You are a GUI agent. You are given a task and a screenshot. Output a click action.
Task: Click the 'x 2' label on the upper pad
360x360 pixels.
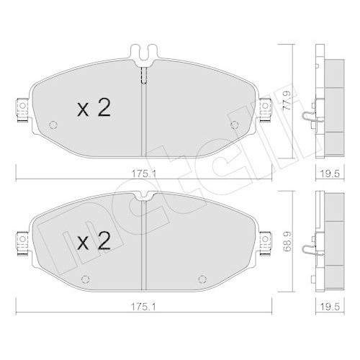click(x=93, y=109)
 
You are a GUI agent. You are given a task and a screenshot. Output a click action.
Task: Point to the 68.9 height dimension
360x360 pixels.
click(x=288, y=236)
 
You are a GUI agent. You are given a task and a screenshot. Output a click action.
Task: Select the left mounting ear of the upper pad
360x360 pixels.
click(x=21, y=109)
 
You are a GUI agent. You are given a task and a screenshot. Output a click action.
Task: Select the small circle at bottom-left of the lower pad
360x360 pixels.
click(x=85, y=279)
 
